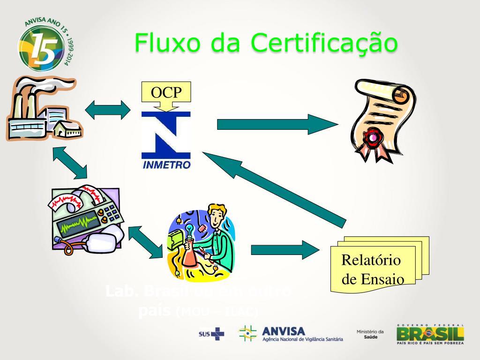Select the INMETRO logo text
166,165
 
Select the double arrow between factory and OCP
108,109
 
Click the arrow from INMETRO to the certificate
277,124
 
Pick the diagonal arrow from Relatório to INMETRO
274,186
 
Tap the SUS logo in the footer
211,334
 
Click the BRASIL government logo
430,334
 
